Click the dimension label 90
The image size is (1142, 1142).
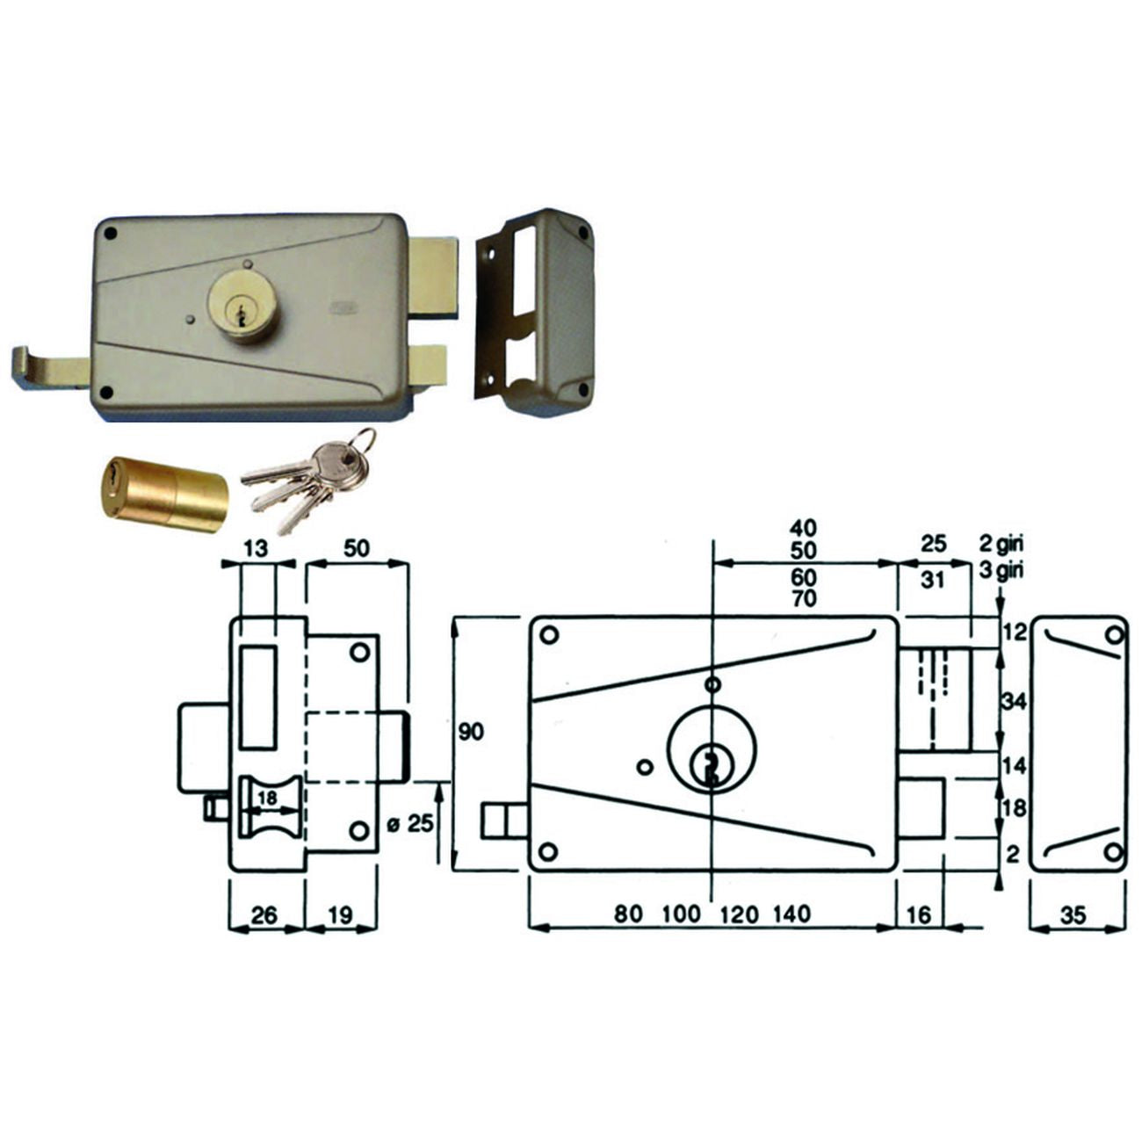coord(471,733)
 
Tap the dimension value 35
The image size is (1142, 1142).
coord(1073,915)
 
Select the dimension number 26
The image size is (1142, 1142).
coord(264,915)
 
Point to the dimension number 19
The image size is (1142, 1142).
coord(340,915)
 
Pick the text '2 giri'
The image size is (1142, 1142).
coord(1001,544)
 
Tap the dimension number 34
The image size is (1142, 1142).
coord(1014,702)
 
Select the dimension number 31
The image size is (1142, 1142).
coord(933,580)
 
